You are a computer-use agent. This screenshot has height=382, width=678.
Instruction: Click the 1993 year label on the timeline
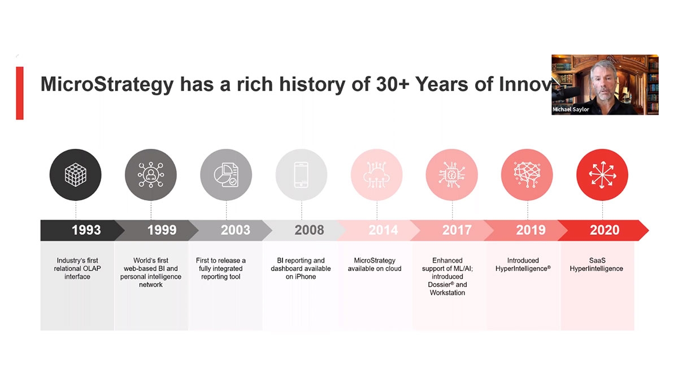pos(86,230)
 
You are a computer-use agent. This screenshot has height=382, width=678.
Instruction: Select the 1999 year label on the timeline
pos(162,230)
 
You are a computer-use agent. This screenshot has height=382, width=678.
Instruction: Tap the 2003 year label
pos(235,230)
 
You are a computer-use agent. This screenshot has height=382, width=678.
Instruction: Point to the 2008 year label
pos(309,230)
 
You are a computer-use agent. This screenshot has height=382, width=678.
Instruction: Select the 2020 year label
pos(604,230)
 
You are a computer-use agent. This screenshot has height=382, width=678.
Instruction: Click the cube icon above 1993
pos(76,175)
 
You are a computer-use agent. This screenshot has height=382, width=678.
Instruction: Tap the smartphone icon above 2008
pos(302,175)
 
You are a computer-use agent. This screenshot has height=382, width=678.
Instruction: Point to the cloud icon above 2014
pos(377,175)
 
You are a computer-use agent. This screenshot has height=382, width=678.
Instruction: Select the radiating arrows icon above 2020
pos(602,175)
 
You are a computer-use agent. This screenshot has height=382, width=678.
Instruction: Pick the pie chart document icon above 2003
pos(226,175)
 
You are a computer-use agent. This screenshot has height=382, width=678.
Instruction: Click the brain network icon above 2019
pos(527,175)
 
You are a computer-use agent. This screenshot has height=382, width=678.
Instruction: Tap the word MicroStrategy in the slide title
pos(107,85)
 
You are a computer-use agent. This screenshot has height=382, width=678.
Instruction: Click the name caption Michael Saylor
pos(571,109)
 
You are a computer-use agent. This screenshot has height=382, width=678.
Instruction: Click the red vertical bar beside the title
pos(20,93)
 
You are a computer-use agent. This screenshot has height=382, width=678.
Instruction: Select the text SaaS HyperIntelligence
pos(596,264)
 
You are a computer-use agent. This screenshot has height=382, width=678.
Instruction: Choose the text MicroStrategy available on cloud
pos(375,264)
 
